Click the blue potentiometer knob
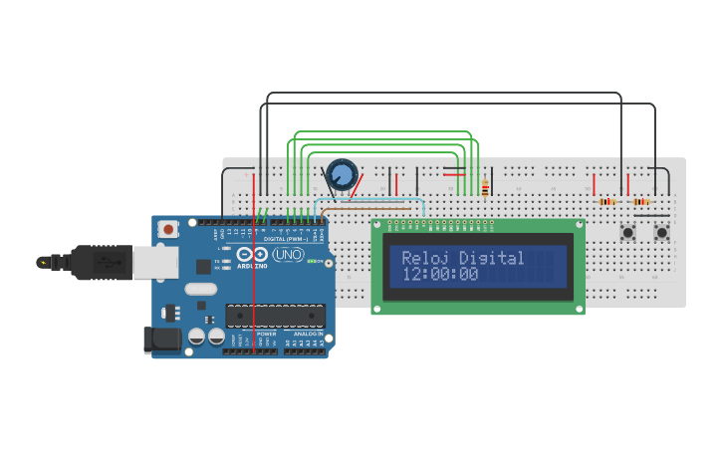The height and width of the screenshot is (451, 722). (x=342, y=175)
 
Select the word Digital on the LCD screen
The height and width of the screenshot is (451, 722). (x=492, y=258)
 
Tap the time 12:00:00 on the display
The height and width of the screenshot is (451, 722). (x=440, y=275)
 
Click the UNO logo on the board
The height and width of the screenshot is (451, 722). (x=288, y=255)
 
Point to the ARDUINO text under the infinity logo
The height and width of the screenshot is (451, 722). (x=253, y=266)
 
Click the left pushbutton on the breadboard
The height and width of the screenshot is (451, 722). (x=628, y=233)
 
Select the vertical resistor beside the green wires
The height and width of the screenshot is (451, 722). (x=485, y=187)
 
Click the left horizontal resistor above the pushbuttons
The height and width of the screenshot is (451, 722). (x=606, y=201)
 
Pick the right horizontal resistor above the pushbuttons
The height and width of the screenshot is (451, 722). (x=640, y=201)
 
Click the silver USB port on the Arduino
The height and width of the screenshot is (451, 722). (x=155, y=262)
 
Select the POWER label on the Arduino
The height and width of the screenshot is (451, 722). (x=267, y=334)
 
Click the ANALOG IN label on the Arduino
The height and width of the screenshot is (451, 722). (x=308, y=334)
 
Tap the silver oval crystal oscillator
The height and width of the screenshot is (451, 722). (x=200, y=289)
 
